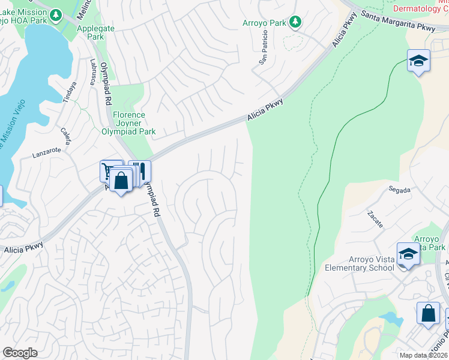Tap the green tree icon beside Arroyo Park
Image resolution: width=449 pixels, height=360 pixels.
[x=295, y=23]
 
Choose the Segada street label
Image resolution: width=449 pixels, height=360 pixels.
[x=399, y=190]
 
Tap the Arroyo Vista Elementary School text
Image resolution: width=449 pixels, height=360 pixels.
[x=361, y=263]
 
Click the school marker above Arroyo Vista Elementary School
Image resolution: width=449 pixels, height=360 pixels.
[x=408, y=254]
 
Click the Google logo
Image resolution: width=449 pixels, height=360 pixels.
[x=20, y=353]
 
